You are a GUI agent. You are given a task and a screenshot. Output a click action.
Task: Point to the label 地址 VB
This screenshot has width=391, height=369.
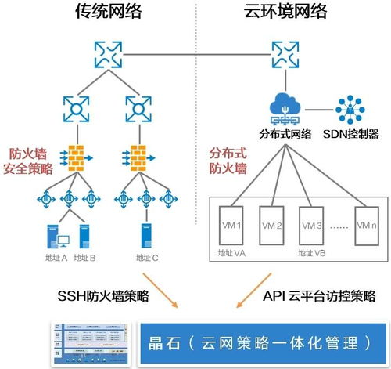click(x=313, y=253)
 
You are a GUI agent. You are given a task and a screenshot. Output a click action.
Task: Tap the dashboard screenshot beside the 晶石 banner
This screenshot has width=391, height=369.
click(x=90, y=343)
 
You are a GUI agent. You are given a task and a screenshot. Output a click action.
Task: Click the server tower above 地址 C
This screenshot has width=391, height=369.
click(x=146, y=234)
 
